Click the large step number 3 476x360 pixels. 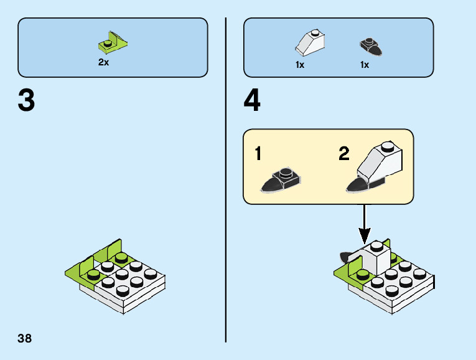point(26,101)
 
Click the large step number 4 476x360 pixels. point(252,101)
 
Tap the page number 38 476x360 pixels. point(25,339)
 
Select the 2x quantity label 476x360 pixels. point(103,63)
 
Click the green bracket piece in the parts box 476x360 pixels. point(113,42)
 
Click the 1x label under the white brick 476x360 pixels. point(300,65)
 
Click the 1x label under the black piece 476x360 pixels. point(365,65)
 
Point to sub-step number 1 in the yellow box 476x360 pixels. point(258,154)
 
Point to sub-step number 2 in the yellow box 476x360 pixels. point(344,154)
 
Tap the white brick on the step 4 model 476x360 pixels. point(375,258)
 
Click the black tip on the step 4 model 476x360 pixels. point(343,257)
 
